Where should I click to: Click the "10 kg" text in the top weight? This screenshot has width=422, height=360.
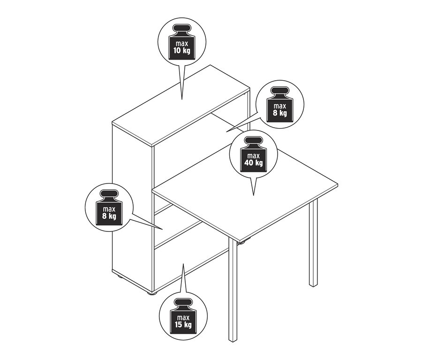[182, 50]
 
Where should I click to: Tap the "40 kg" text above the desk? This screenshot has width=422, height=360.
[254, 163]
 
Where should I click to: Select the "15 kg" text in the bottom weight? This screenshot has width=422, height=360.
[183, 324]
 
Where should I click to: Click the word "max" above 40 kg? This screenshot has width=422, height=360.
[254, 156]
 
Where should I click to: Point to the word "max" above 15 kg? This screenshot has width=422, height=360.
[183, 317]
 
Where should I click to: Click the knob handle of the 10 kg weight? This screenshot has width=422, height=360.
[181, 29]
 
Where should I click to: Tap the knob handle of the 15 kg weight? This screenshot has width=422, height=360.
[183, 303]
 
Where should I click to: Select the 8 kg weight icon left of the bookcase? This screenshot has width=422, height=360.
[109, 207]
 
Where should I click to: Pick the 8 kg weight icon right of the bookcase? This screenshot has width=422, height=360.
[280, 105]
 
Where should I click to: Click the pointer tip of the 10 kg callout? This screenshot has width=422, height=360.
[182, 99]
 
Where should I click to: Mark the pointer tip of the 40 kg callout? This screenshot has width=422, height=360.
[254, 195]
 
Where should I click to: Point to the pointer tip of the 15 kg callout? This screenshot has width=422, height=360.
[183, 264]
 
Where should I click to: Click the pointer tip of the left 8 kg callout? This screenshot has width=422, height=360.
[163, 230]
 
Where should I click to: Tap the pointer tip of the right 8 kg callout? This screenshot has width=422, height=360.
[226, 131]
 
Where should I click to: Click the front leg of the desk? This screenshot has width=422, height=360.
[233, 290]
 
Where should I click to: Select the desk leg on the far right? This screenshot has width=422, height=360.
[313, 243]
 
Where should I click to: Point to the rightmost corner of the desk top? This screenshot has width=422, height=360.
[338, 184]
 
